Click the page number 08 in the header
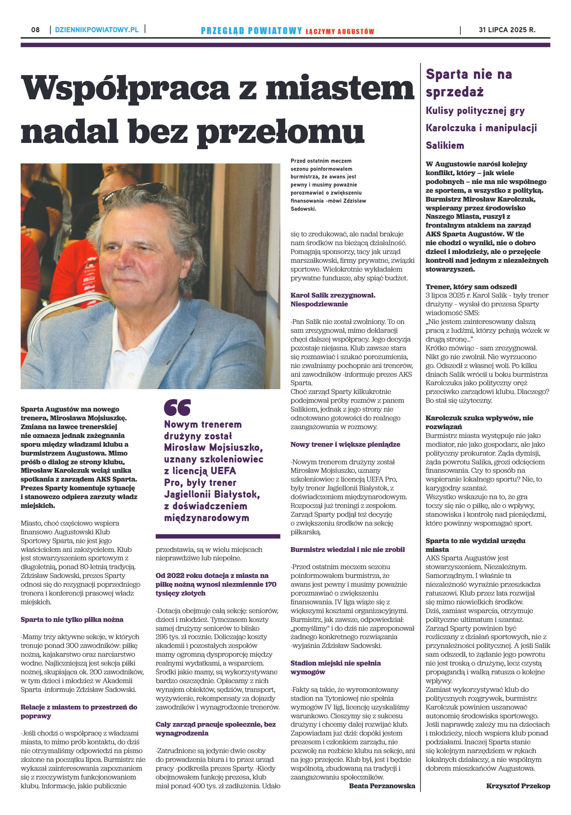[x=36, y=30]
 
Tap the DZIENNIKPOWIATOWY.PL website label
[x=97, y=30]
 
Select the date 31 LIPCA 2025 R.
[x=507, y=30]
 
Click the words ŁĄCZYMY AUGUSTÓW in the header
[x=339, y=32]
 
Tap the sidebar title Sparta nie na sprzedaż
[x=468, y=83]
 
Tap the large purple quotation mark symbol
[x=177, y=407]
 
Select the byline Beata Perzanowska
[x=382, y=785]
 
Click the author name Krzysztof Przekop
[x=518, y=786]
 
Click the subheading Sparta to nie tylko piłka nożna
[x=72, y=619]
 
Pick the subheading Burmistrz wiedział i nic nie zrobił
[x=347, y=549]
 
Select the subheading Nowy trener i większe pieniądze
[x=345, y=444]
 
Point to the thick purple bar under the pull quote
[x=218, y=536]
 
